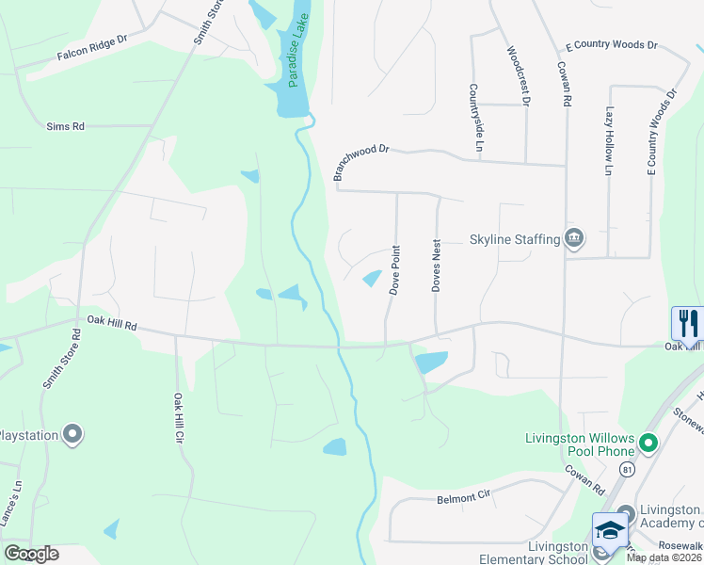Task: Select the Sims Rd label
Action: pos(66,125)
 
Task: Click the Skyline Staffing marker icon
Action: pos(574,239)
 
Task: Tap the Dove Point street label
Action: pos(395,270)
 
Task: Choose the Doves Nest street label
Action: pos(437,266)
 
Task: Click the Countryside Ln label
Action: pos(477,117)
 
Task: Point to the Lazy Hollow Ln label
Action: pos(609,141)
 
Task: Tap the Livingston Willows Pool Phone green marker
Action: pos(648,442)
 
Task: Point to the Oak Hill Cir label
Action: pos(178,418)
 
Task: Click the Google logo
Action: pos(31,554)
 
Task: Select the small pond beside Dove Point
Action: pos(373,279)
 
